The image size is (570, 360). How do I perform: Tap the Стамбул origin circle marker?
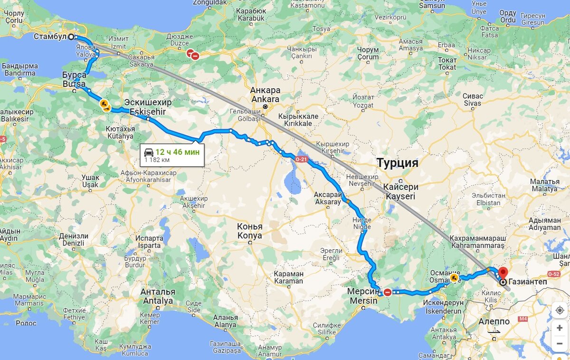tap(71, 37)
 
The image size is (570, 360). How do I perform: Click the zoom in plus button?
tap(560, 328)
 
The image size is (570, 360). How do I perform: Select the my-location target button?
tap(560, 310)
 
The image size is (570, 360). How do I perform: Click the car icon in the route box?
tap(149, 152)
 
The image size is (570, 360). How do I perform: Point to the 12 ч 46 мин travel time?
tap(177, 152)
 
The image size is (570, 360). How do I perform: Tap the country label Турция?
tap(397, 163)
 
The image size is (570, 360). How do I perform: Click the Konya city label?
tap(249, 235)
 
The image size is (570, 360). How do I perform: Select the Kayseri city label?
tap(400, 196)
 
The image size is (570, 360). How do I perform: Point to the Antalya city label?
tap(157, 301)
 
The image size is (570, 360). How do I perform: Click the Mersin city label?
tap(364, 301)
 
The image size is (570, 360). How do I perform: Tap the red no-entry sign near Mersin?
tap(388, 292)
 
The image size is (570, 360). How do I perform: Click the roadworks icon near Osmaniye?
tap(454, 277)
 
